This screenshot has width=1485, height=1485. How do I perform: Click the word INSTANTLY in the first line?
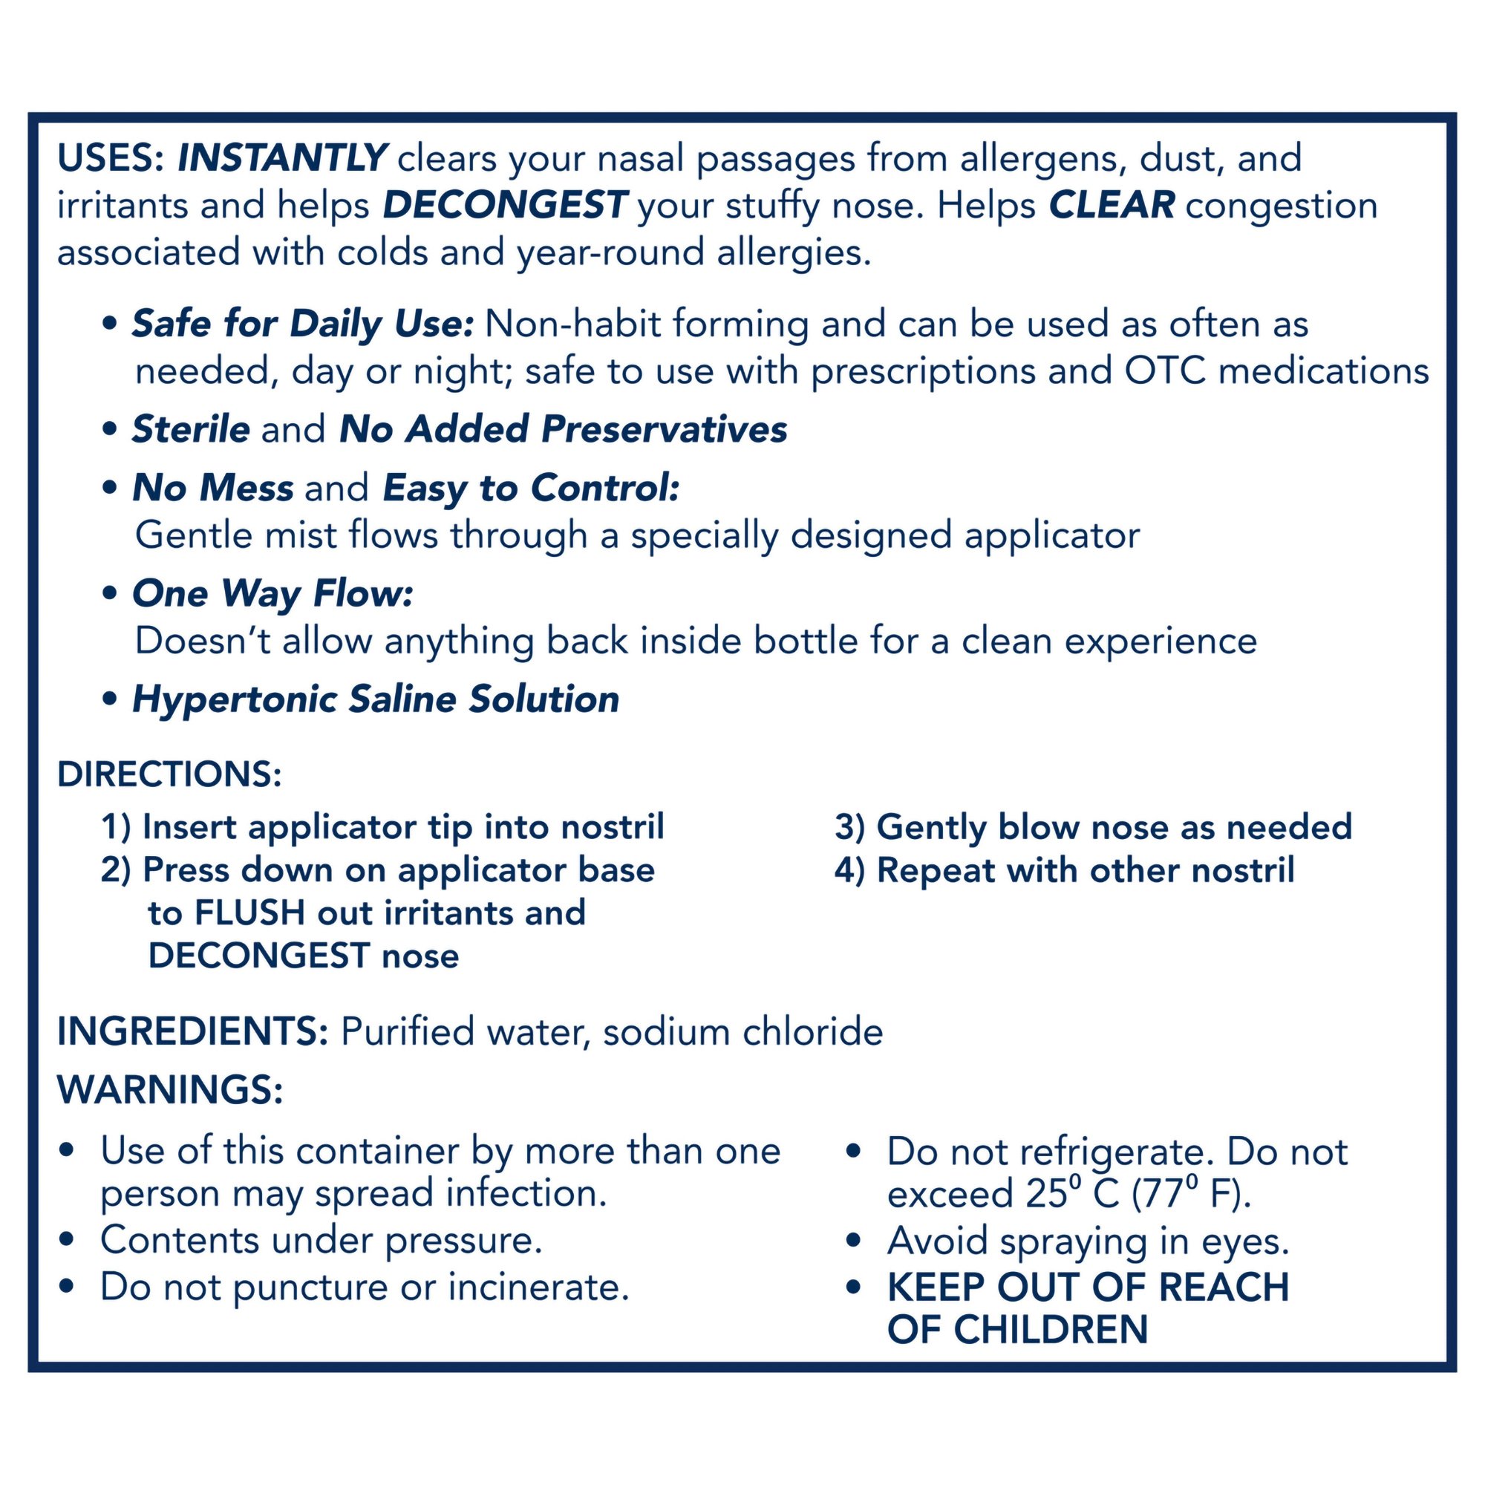(x=282, y=158)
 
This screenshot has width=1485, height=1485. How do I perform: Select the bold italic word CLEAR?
(x=1112, y=206)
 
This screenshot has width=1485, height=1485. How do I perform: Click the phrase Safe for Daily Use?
(x=302, y=324)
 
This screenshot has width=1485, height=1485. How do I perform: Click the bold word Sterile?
(x=191, y=430)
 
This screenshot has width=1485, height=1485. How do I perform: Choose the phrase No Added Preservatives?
(x=564, y=430)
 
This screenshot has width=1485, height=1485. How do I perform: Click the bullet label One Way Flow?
(x=272, y=594)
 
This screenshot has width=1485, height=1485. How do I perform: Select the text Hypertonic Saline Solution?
(x=376, y=700)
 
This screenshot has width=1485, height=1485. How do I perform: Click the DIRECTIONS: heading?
(x=170, y=774)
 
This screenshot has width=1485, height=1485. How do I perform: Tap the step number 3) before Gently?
(x=850, y=828)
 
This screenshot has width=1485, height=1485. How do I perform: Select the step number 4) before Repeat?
(x=850, y=871)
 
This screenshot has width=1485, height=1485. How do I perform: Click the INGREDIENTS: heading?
(x=193, y=1032)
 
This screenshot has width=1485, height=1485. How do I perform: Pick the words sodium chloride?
(x=742, y=1032)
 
